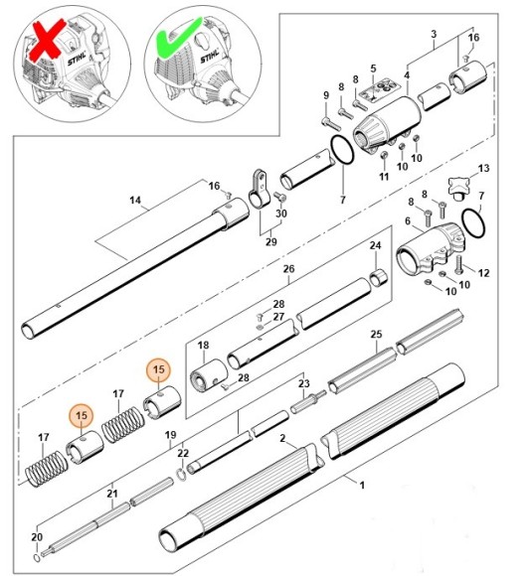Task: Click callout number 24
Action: [375, 245]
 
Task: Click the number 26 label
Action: [288, 268]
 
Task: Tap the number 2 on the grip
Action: [283, 438]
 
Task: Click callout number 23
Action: [304, 383]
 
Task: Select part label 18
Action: [202, 346]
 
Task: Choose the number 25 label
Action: [376, 336]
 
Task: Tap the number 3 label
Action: [433, 34]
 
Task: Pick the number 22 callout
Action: [182, 454]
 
